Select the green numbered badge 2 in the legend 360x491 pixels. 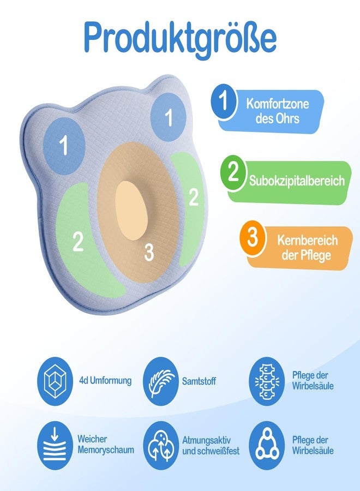(x=233, y=172)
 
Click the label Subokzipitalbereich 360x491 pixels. (x=297, y=181)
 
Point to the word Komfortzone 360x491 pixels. (x=277, y=104)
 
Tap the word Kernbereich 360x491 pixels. (x=308, y=241)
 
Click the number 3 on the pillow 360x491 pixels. (x=149, y=252)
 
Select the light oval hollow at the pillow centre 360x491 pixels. (x=131, y=211)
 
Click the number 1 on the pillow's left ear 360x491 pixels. (x=64, y=146)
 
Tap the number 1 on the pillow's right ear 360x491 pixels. (x=169, y=117)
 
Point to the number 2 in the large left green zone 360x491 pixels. (x=78, y=241)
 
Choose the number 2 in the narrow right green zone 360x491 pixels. (x=194, y=197)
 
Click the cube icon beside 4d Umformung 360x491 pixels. (x=55, y=381)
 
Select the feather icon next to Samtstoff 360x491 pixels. (x=161, y=381)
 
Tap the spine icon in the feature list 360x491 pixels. (x=267, y=381)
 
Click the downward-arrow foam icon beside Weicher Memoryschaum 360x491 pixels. (x=55, y=445)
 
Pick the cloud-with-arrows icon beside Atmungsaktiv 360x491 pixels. (x=161, y=445)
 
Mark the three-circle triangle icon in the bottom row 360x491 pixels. (x=267, y=445)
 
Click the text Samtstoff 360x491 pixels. (x=199, y=381)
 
